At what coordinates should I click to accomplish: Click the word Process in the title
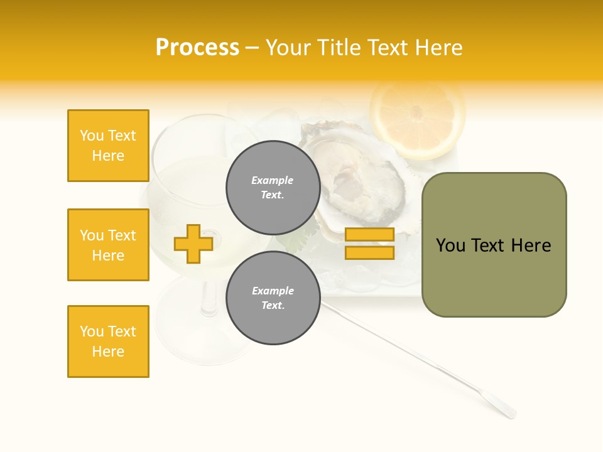click(197, 48)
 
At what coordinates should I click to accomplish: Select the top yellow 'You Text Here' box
click(108, 146)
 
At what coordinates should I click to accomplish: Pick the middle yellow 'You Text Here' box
click(108, 245)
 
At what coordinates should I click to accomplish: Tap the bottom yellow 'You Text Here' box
click(108, 342)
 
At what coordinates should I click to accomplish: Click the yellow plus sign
click(193, 244)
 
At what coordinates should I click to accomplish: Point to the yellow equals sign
click(369, 244)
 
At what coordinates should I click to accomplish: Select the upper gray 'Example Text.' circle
click(273, 187)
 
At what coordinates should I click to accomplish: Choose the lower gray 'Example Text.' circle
click(273, 298)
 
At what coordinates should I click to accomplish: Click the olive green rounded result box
click(494, 245)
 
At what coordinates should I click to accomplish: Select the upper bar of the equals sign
click(369, 235)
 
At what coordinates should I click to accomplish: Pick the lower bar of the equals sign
click(369, 252)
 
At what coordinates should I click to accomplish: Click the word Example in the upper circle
click(273, 180)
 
